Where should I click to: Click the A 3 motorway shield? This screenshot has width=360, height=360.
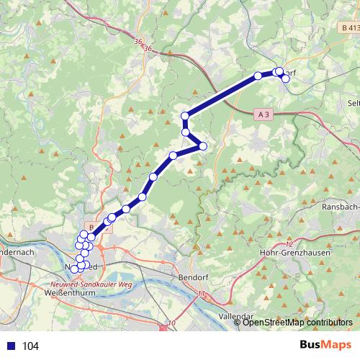(x=264, y=114)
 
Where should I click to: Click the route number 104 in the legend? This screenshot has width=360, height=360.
(x=30, y=346)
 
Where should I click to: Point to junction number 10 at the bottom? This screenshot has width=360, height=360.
(x=171, y=323)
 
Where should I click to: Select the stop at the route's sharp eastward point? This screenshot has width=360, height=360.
(x=202, y=146)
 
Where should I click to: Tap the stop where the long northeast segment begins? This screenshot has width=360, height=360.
(x=185, y=116)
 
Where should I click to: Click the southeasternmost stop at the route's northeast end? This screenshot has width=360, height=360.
(x=286, y=78)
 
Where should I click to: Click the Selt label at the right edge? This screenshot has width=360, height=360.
(x=353, y=103)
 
